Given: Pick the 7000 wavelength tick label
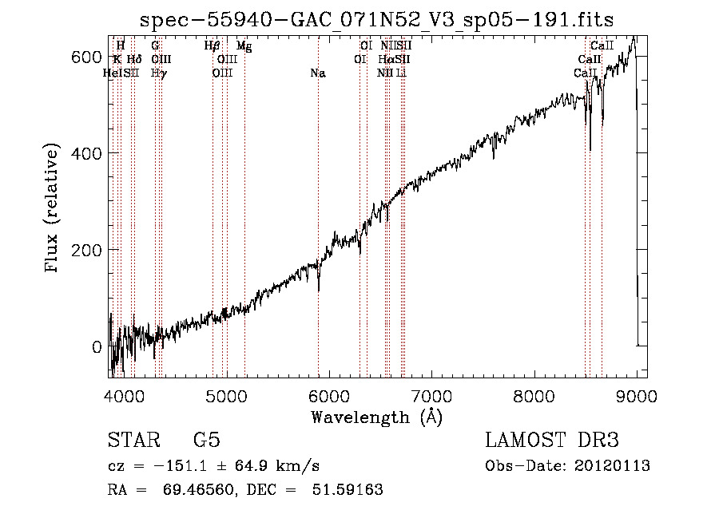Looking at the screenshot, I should pyautogui.click(x=431, y=396).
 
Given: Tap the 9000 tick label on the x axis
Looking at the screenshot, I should pyautogui.click(x=637, y=396).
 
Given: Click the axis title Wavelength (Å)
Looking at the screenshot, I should pyautogui.click(x=375, y=417).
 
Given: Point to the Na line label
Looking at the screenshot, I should pyautogui.click(x=318, y=73).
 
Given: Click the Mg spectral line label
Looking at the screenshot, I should pyautogui.click(x=244, y=46).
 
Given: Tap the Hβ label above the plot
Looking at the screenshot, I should pyautogui.click(x=212, y=46).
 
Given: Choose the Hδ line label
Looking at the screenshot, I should pyautogui.click(x=134, y=60).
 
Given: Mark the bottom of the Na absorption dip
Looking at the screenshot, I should pyautogui.click(x=319, y=291).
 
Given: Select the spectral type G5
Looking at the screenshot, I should pyautogui.click(x=206, y=441).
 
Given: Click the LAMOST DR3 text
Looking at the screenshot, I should pyautogui.click(x=552, y=441).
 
